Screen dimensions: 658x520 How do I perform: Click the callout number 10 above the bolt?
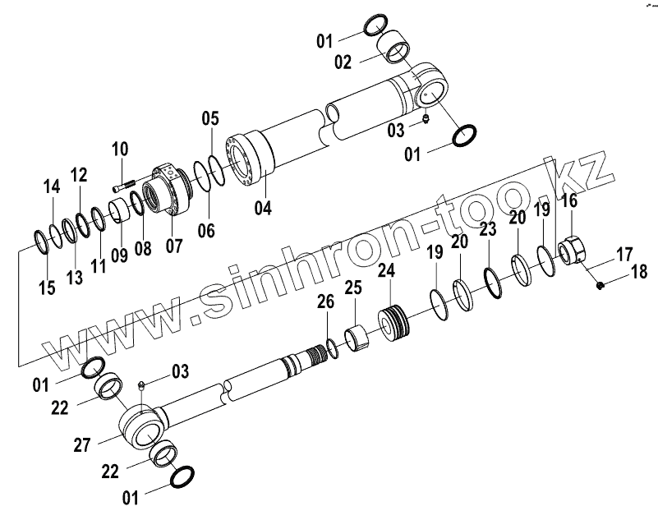[120, 150]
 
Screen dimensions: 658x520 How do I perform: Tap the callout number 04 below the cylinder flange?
[262, 208]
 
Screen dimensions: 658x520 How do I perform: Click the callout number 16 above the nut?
[569, 201]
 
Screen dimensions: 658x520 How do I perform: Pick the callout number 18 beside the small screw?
[638, 272]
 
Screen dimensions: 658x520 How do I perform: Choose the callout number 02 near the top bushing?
[343, 62]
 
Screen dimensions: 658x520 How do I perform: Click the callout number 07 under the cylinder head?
[174, 246]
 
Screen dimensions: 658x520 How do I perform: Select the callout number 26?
[326, 302]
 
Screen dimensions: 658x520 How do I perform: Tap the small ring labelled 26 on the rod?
[332, 349]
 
